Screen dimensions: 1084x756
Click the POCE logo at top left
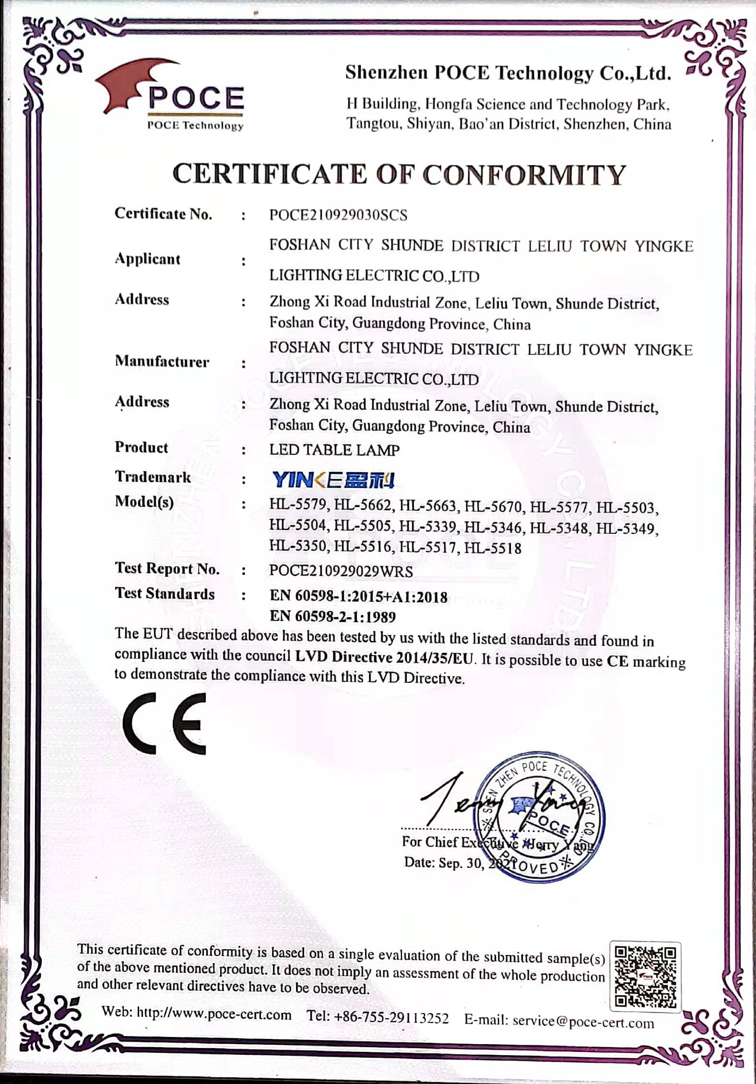[x=173, y=98]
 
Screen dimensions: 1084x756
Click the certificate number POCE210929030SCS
[x=338, y=215]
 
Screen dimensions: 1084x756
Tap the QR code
[x=645, y=976]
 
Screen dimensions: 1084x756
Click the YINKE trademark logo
[x=333, y=480]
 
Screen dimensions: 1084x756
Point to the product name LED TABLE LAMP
[x=334, y=450]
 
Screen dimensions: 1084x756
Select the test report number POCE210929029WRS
[x=341, y=571]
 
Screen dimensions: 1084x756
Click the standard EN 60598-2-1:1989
[x=332, y=616]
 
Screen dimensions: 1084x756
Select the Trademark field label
[x=153, y=477]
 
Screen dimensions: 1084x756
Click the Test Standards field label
[x=165, y=594]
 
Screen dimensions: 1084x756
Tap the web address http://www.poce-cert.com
[x=214, y=1015]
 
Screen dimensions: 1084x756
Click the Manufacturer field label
[x=162, y=362]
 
